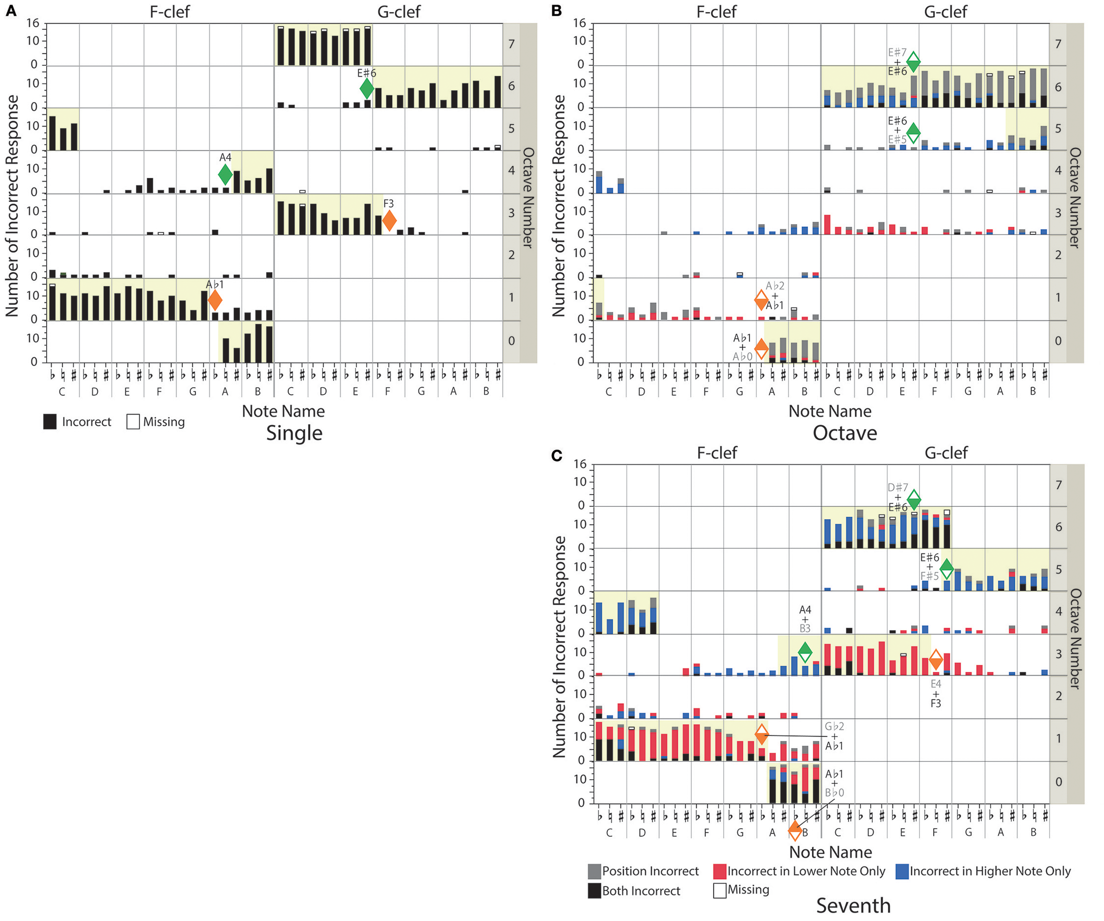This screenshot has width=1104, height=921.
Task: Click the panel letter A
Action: tap(10, 10)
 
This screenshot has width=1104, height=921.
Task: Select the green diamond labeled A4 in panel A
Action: tap(225, 174)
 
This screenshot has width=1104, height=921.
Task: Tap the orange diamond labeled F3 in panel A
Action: tap(389, 220)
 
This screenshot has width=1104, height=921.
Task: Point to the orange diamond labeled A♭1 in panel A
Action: tap(215, 300)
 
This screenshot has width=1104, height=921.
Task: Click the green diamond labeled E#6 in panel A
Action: tap(367, 88)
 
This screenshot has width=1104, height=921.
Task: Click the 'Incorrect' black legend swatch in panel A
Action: tap(50, 421)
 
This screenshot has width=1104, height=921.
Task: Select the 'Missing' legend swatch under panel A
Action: tap(133, 421)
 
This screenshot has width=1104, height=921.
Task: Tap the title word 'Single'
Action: tap(294, 433)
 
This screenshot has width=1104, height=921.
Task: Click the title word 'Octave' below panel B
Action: tap(844, 433)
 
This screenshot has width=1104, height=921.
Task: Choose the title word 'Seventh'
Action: tap(853, 905)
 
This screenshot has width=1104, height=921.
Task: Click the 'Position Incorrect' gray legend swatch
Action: tap(594, 871)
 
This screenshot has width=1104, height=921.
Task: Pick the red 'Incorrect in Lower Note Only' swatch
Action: tap(719, 871)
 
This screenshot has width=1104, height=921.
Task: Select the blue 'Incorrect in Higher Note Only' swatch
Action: tap(902, 871)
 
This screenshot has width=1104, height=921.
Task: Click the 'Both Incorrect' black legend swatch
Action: tap(594, 891)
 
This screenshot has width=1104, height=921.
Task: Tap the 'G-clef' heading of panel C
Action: tap(946, 452)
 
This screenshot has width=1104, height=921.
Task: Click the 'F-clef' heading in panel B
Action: tap(716, 12)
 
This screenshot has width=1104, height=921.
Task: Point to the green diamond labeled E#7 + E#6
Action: tap(913, 61)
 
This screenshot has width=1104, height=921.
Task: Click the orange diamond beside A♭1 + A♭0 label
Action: tap(761, 347)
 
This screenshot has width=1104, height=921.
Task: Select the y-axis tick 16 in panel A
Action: tap(32, 23)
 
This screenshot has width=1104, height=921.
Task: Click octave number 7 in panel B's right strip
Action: tap(1058, 44)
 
